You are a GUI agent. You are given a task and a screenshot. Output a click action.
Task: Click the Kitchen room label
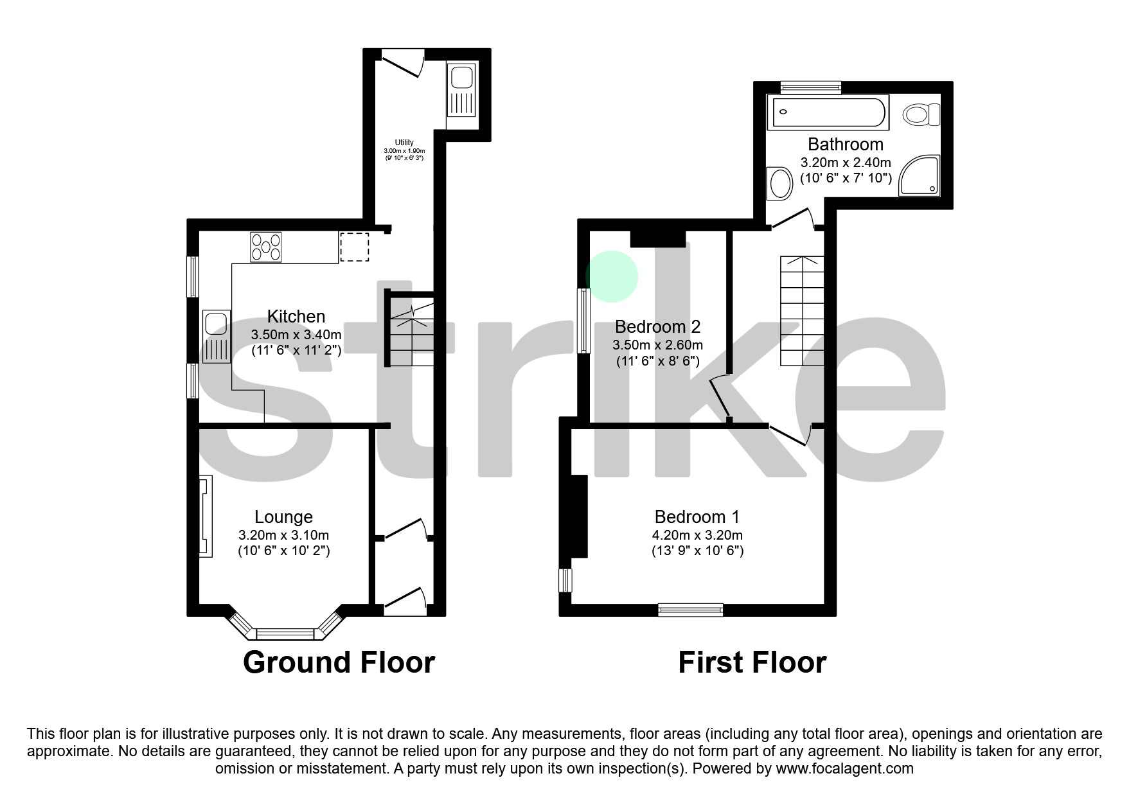pos(296,316)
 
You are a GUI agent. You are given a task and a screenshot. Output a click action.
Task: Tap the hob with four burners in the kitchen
pos(266,247)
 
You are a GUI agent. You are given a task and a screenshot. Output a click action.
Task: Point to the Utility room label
pos(404,143)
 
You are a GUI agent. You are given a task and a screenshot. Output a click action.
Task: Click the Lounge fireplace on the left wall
pos(205,515)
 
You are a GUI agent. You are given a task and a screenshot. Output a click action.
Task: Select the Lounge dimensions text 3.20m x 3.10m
pos(283,535)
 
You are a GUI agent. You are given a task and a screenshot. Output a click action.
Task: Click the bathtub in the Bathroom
pos(830,112)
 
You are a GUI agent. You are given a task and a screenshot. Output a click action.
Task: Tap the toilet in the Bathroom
pos(921,116)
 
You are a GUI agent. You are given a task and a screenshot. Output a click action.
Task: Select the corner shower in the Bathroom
pos(920,175)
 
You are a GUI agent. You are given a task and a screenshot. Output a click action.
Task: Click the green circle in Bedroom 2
pos(612,276)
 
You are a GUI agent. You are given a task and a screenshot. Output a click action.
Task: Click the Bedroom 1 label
pos(697,517)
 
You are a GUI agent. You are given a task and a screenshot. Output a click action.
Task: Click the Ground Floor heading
pos(339,662)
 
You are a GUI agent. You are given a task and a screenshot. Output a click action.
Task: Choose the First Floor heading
pos(752,662)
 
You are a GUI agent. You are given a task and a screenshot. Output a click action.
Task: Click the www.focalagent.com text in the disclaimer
pos(844,768)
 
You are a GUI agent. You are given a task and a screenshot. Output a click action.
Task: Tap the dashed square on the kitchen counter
pos(354,247)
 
